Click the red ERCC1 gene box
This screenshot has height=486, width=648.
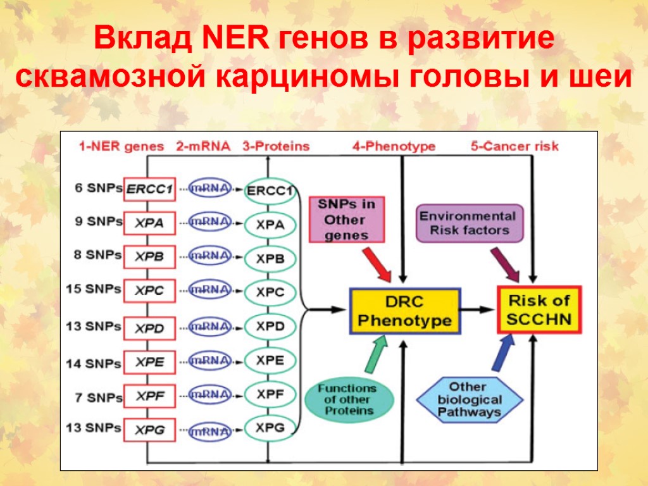coord(149,189)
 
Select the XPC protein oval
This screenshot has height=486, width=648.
coord(270,293)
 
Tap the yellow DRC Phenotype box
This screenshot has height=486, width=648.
coord(405,311)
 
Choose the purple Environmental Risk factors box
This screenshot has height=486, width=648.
coord(470,223)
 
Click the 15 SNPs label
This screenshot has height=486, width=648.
coord(94,289)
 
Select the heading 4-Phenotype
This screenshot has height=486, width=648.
coord(394,146)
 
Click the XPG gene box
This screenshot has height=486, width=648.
coord(149,430)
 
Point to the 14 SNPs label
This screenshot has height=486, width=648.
coord(94,363)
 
